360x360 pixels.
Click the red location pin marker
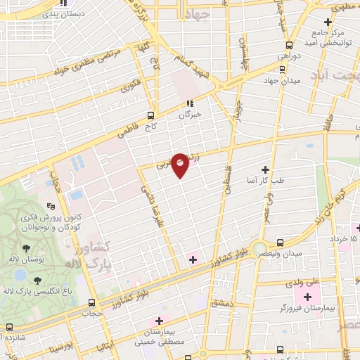[x=181, y=165]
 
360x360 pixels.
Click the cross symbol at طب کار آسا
[x=265, y=169]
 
